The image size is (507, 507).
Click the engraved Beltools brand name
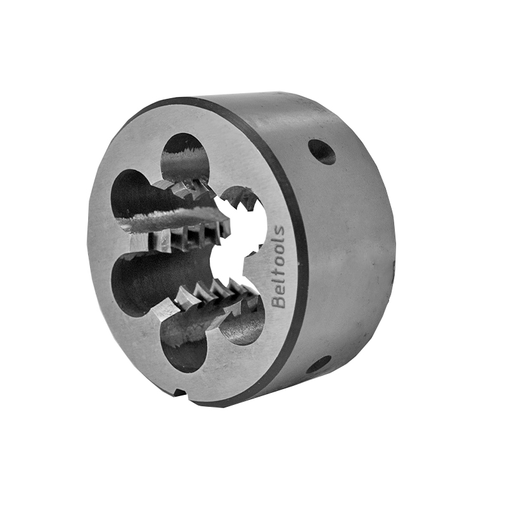pos(278,266)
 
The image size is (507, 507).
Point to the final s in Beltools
pos(278,230)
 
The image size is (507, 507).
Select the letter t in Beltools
pos(278,277)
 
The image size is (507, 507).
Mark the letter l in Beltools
pos(278,284)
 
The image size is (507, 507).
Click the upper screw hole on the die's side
pos(321,152)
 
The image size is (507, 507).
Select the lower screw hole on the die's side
pos(319,364)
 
